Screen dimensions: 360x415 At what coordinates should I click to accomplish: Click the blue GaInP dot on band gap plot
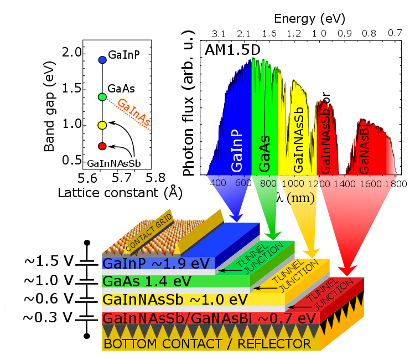click(102, 59)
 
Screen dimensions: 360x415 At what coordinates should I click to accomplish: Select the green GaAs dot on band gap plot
click(102, 97)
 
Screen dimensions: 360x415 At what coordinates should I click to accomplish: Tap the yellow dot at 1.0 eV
click(102, 125)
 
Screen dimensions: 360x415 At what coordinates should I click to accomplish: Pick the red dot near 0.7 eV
click(102, 146)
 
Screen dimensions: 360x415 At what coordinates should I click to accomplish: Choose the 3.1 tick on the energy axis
click(219, 33)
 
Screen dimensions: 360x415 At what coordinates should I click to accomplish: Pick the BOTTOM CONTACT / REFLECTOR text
click(207, 344)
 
